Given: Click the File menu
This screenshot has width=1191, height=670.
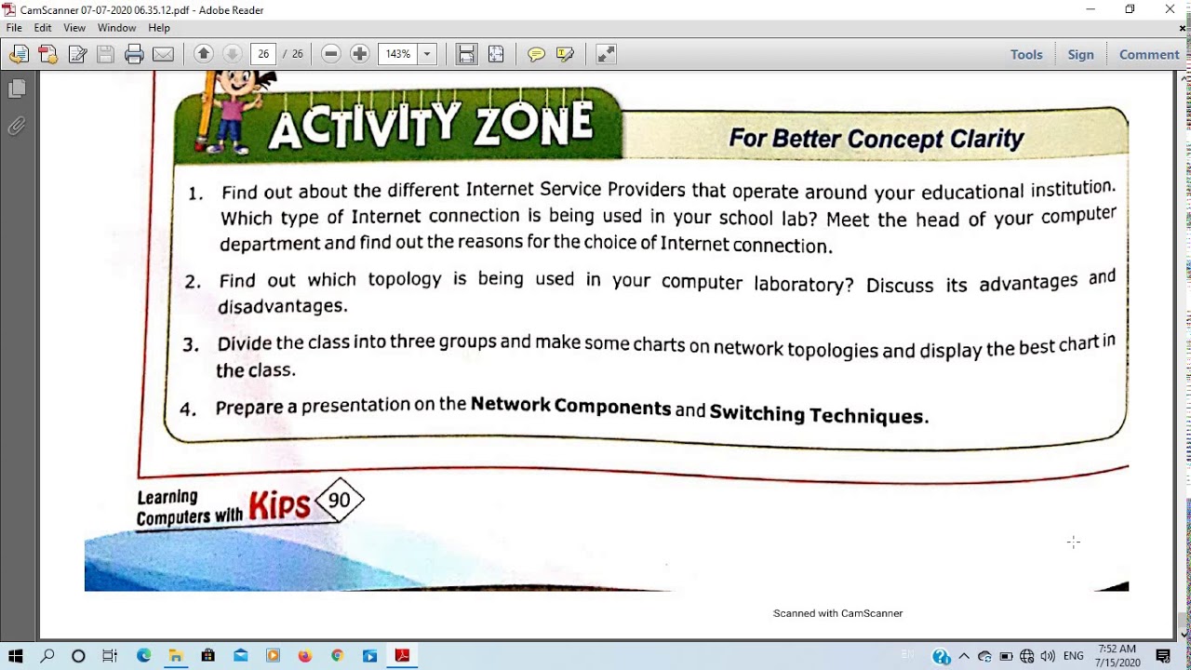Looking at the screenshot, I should [x=13, y=28].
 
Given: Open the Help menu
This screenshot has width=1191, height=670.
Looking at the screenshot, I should [x=159, y=28].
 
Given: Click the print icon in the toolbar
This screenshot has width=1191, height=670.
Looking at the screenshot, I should [x=134, y=54].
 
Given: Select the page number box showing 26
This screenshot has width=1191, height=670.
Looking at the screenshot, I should [x=263, y=54].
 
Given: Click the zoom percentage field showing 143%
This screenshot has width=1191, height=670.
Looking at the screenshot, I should [x=398, y=54].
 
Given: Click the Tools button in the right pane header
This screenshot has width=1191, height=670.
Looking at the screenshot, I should [x=1026, y=54].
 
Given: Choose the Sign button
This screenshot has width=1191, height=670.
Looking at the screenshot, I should [x=1080, y=54].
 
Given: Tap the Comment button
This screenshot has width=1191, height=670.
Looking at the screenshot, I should [x=1149, y=54].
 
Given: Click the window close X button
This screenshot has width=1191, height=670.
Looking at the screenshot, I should [x=1170, y=9].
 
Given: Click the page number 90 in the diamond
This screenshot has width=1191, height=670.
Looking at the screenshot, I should [x=340, y=501].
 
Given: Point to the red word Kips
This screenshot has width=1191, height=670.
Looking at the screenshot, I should [x=279, y=505].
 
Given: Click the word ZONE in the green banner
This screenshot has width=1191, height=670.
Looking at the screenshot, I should [x=532, y=126].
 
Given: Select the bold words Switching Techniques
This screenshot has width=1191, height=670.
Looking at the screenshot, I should [x=818, y=415].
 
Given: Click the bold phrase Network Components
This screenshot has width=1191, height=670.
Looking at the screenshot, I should [x=570, y=406].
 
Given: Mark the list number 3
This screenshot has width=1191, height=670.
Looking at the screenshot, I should [x=190, y=345].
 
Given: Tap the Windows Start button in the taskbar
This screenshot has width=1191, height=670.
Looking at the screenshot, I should [x=15, y=656].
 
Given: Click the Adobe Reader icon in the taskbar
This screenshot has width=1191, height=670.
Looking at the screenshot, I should [x=402, y=656].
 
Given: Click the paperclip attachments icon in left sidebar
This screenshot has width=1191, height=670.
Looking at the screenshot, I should [x=17, y=126].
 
